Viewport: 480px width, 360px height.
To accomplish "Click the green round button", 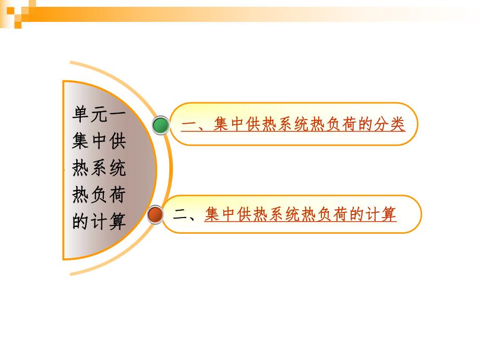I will click(x=161, y=125).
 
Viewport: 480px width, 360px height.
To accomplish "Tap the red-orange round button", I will click(x=154, y=214).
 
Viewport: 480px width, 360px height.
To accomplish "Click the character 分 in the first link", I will click(x=379, y=125).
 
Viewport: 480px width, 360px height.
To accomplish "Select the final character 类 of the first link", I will click(x=397, y=125).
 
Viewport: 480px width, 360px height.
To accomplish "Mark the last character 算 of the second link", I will click(x=388, y=214).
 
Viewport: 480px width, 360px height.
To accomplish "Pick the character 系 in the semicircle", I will click(x=99, y=169).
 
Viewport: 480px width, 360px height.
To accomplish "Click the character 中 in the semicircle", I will click(x=99, y=141).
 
